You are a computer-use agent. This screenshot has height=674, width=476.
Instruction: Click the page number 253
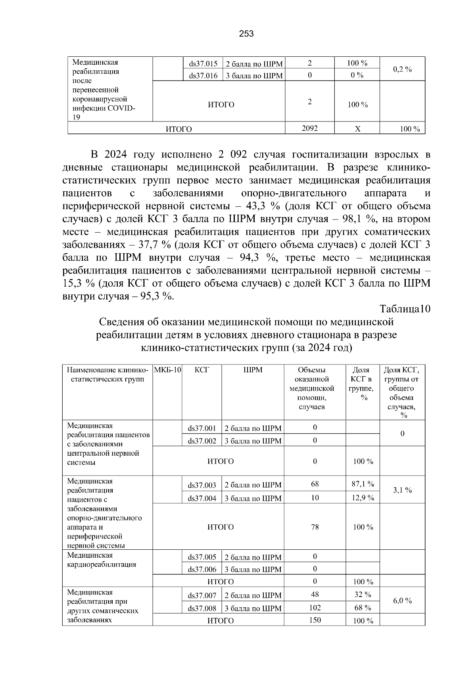246,34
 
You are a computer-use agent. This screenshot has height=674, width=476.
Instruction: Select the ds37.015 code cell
203,64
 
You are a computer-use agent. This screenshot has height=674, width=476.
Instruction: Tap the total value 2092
310,128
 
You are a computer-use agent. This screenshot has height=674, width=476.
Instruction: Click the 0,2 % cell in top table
402,69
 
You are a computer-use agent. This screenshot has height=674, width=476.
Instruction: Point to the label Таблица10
405,309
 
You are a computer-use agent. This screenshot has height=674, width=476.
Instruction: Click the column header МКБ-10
167,370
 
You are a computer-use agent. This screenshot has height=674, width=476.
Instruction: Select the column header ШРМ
253,370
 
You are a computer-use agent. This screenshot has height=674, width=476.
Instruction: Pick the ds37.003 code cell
202,485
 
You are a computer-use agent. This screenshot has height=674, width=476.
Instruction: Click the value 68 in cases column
315,484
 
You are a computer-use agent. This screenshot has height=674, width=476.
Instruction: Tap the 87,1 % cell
363,484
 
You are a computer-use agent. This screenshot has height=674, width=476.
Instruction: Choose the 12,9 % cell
363,498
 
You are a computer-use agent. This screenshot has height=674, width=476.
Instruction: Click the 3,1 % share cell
402,490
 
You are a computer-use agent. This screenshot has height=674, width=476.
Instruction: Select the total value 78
315,527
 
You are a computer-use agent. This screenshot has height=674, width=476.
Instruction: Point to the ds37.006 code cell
202,569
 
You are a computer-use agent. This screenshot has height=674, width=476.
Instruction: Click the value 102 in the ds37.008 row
315,608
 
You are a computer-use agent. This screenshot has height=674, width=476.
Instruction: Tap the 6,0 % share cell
402,601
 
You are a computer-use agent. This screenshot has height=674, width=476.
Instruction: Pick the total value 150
315,620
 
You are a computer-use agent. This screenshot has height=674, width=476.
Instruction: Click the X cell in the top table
357,129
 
